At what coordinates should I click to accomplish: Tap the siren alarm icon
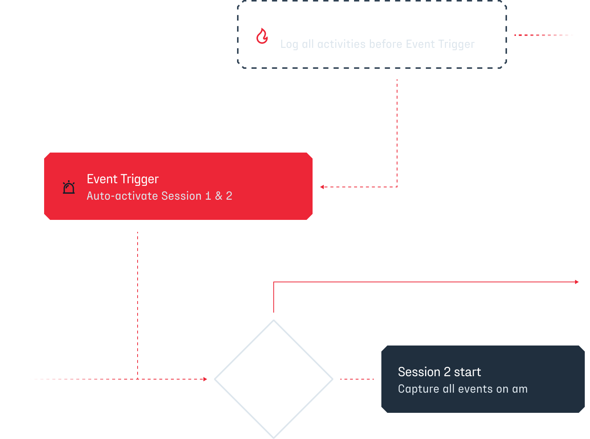[x=69, y=187]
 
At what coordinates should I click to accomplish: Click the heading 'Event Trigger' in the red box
[x=123, y=179]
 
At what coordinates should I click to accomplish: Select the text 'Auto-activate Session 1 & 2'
[x=159, y=196]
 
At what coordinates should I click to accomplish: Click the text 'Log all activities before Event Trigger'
[x=377, y=44]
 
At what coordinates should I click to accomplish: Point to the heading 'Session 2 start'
[x=439, y=372]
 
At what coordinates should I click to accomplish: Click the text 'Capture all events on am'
[x=463, y=389]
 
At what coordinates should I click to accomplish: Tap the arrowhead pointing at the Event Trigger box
[x=322, y=187]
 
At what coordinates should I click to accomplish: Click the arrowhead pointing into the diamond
[x=205, y=379]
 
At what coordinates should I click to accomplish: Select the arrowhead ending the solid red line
[x=577, y=282]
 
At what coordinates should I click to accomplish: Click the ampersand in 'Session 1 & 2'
[x=219, y=196]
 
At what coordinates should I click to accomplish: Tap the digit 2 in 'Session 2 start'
[x=447, y=372]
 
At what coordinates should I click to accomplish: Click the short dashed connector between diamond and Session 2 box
[x=357, y=379]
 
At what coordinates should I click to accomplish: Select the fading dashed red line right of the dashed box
[x=543, y=35]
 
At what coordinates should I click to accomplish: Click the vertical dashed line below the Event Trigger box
[x=138, y=306]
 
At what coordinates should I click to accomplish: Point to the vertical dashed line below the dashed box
[x=397, y=133]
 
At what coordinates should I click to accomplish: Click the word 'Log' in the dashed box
[x=289, y=44]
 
